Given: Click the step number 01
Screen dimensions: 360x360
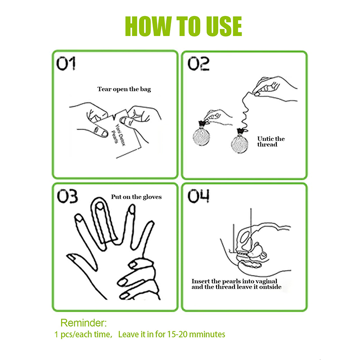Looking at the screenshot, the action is (x=66, y=63).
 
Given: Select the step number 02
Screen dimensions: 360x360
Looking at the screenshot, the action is (x=198, y=63).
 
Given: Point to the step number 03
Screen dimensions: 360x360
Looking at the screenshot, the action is (x=67, y=196).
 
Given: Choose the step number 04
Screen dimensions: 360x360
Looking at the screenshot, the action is (x=198, y=196).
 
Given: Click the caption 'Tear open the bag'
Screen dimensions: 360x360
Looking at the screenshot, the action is (x=124, y=89).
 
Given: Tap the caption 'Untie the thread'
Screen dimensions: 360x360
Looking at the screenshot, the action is (x=271, y=141).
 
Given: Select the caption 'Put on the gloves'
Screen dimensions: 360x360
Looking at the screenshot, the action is (x=136, y=197).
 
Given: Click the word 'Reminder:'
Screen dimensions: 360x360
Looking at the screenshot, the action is (x=84, y=323).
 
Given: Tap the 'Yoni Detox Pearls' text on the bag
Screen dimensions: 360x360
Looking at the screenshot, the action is (x=118, y=135).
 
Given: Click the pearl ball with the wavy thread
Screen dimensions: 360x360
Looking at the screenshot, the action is (x=240, y=144).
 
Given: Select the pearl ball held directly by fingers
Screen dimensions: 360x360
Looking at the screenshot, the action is (x=201, y=137).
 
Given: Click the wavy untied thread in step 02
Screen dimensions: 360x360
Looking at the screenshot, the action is (x=244, y=110).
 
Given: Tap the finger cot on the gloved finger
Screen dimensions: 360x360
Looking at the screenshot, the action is (x=104, y=221).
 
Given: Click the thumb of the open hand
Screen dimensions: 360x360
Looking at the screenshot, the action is (x=82, y=262).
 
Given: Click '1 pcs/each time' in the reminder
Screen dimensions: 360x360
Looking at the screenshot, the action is (x=82, y=334).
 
